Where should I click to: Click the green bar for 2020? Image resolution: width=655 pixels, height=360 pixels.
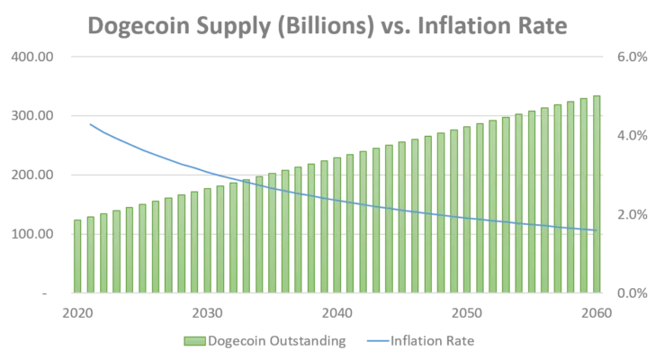77,256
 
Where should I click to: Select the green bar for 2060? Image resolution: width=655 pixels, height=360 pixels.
596,194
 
